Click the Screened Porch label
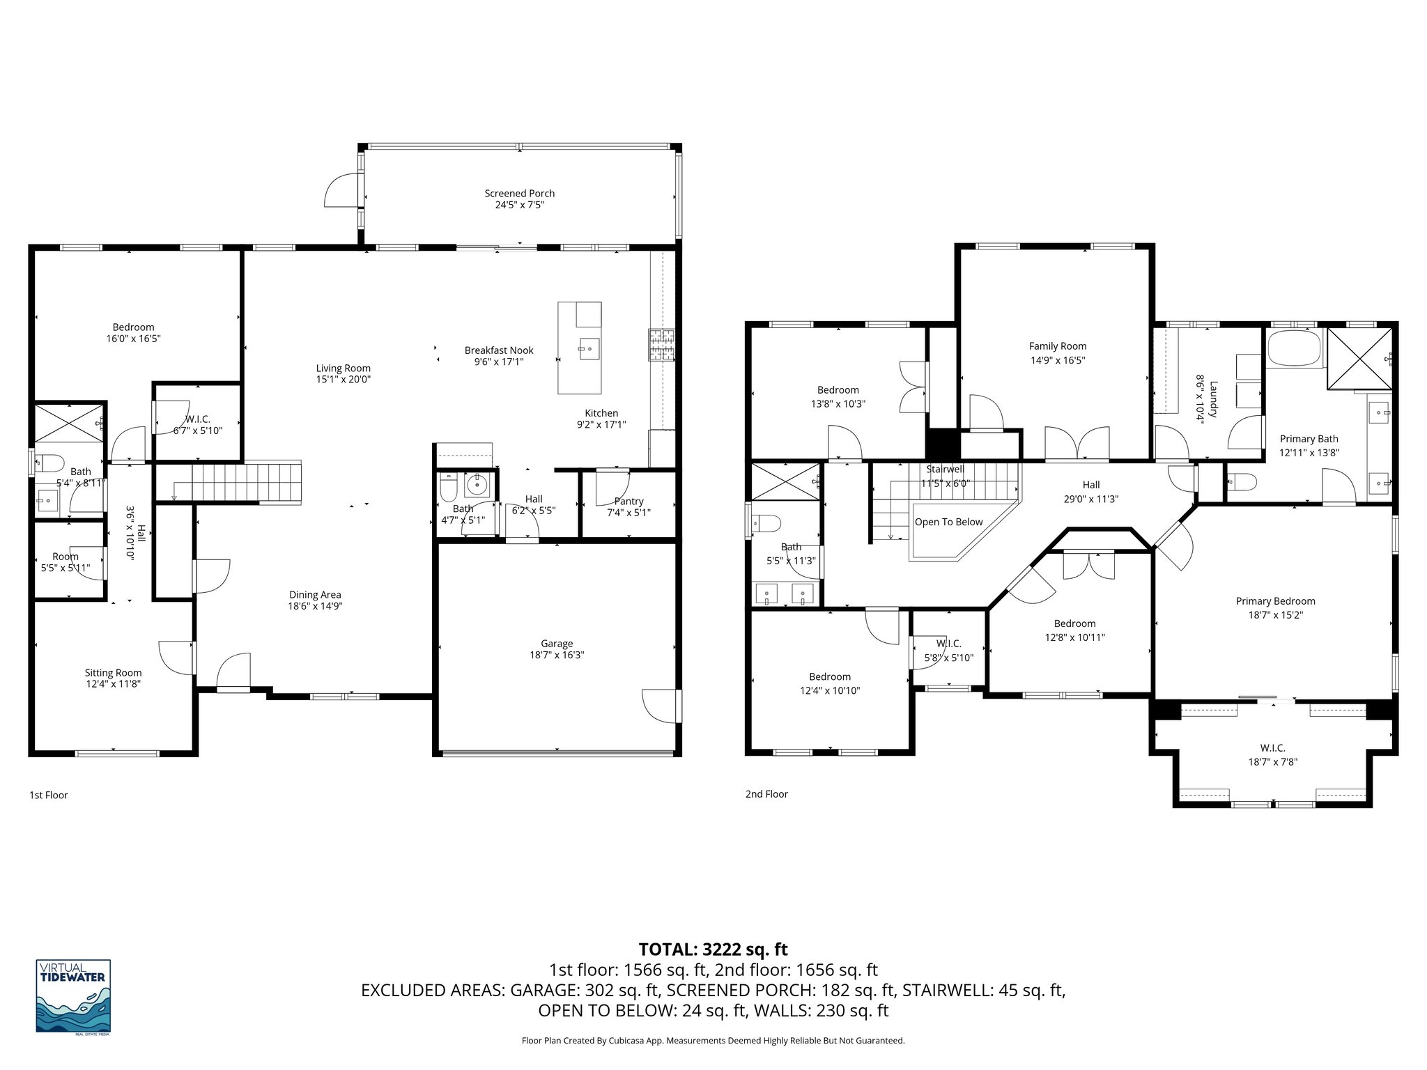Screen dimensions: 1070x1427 point(519,194)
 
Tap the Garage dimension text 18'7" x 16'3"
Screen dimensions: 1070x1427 point(556,656)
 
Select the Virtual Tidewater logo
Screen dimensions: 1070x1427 point(73,996)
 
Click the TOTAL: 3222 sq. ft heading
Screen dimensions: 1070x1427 point(713,949)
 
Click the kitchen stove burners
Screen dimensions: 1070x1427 point(662,345)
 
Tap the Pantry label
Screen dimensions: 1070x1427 point(628,501)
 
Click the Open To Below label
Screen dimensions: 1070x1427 point(948,522)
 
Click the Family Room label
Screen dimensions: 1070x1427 point(1057,346)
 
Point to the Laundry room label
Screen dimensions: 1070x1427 point(1213,399)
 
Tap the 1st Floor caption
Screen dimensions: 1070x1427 point(48,795)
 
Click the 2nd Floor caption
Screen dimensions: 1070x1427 point(766,793)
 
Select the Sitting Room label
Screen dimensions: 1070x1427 point(113,672)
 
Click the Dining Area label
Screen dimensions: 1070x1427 point(315,594)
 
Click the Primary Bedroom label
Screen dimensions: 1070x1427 point(1275,601)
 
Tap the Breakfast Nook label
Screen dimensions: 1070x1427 point(498,350)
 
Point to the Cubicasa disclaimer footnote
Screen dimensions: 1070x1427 point(713,1041)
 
